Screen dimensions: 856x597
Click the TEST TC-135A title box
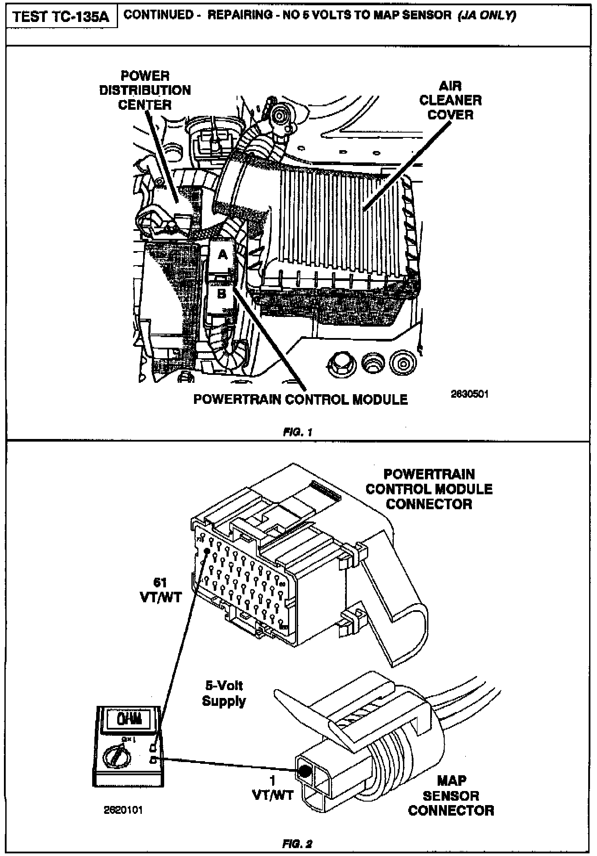(x=61, y=17)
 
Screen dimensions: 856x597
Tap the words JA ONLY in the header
(x=487, y=15)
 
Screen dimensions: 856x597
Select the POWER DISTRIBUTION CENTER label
(x=145, y=90)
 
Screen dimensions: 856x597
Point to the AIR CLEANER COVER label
(x=450, y=101)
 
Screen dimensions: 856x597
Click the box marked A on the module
(x=223, y=255)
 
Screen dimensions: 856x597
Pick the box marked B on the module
(x=222, y=294)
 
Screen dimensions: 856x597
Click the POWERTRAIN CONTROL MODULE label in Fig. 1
(x=300, y=399)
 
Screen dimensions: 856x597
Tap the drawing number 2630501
(x=469, y=394)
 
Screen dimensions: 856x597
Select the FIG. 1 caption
(x=297, y=432)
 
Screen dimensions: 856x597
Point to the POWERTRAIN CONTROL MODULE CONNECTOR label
(x=429, y=489)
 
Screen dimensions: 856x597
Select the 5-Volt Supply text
(x=223, y=693)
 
